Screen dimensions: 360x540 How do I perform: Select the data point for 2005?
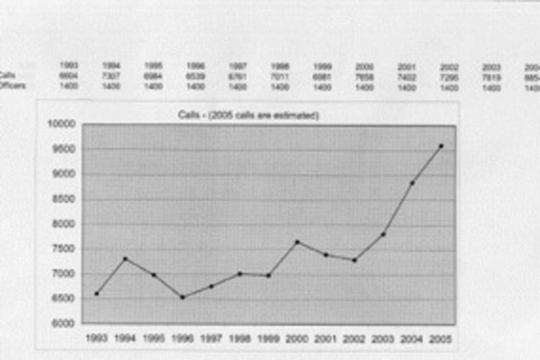click(441, 146)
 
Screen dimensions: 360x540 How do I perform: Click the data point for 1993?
click(97, 294)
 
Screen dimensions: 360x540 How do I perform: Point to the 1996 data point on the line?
click(182, 297)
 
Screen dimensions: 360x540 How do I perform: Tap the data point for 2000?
click(298, 242)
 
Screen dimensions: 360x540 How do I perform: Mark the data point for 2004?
click(412, 183)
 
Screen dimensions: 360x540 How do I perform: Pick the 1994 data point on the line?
click(125, 259)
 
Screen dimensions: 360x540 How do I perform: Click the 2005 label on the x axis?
click(441, 338)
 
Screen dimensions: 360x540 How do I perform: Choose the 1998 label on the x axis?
click(240, 338)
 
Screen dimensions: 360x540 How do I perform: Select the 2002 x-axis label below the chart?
click(355, 338)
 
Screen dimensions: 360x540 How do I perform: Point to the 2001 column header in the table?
click(406, 67)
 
